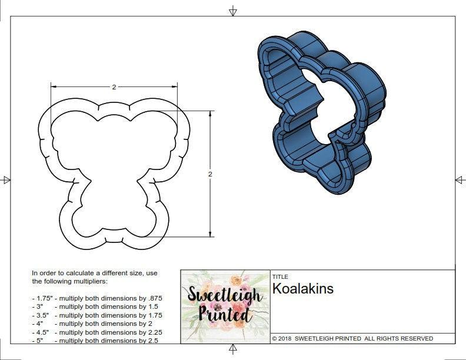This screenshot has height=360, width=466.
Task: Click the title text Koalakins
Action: [x=302, y=289]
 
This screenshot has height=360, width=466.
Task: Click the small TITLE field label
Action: [x=279, y=276]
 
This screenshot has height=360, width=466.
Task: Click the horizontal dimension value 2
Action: [x=114, y=86]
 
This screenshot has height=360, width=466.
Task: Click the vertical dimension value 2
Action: [x=210, y=174]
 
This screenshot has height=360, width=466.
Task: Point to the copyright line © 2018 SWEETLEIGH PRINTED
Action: [x=352, y=339]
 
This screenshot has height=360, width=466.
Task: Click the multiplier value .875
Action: [x=154, y=298]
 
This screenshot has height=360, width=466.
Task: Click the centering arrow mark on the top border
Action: [x=233, y=11]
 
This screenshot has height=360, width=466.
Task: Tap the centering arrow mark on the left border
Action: [x=6, y=180]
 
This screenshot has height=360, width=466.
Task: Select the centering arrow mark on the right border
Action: [x=460, y=180]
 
